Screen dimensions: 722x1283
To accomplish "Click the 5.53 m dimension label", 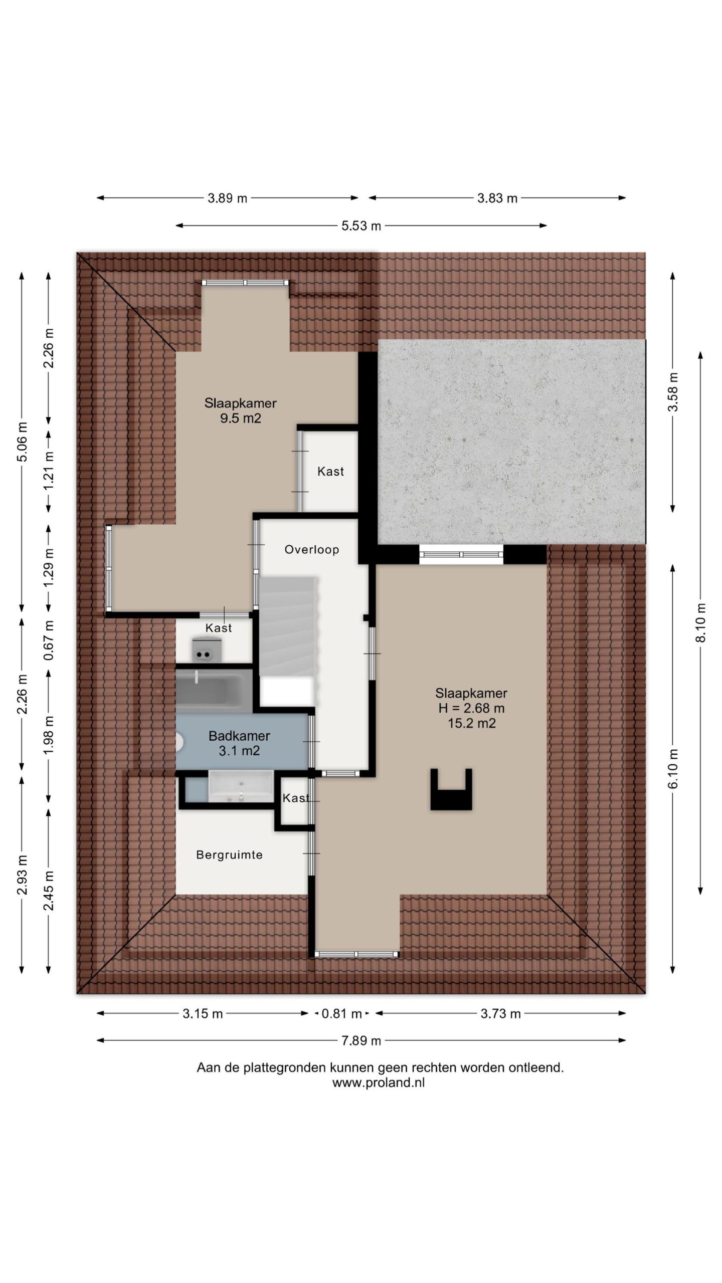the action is pos(361,226).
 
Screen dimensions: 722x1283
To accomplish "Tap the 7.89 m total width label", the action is pos(361,1041).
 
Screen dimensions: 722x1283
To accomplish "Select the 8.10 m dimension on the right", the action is pos(700,622).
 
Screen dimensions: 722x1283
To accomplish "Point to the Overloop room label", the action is pos(311,550).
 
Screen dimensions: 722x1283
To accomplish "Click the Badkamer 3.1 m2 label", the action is pos(239,743).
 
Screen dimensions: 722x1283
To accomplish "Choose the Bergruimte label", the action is pos(229,855).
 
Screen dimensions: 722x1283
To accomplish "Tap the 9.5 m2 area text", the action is pos(241,418).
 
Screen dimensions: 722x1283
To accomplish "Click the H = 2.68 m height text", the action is pos(471,708).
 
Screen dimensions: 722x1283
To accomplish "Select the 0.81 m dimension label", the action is pos(341,1014).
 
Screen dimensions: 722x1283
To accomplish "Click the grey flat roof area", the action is pos(511,442).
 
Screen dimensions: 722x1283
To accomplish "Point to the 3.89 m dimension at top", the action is pos(228,198).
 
